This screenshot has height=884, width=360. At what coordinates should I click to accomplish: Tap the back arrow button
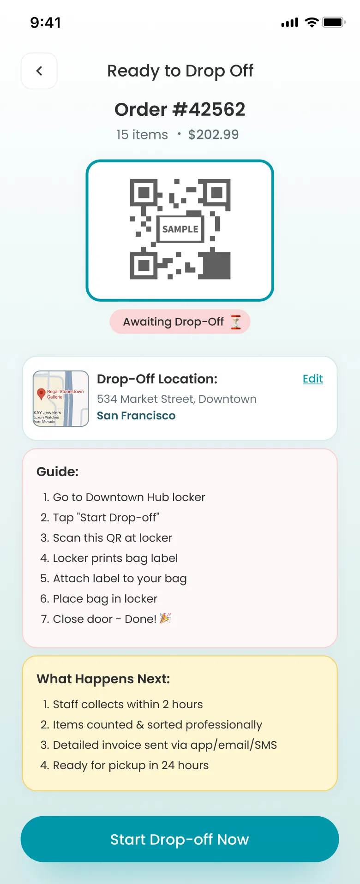[x=39, y=71]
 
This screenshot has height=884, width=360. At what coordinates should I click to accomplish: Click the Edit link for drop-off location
[x=312, y=379]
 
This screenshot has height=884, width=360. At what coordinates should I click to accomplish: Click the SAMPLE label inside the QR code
[x=180, y=229]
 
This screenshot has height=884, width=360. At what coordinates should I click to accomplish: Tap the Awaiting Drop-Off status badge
[x=180, y=322]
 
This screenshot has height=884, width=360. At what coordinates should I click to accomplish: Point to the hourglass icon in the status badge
[x=236, y=322]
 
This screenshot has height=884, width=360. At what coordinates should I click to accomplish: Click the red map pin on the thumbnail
[x=41, y=394]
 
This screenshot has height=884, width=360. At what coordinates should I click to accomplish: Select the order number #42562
[x=180, y=109]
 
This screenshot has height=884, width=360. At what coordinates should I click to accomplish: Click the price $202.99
[x=213, y=134]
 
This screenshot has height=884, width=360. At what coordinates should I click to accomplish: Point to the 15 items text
[x=142, y=134]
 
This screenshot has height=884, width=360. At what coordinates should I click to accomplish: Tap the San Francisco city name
[x=136, y=416]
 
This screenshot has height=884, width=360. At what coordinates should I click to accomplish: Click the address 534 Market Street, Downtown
[x=177, y=399]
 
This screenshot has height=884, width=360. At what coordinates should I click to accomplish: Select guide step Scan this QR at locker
[x=112, y=538]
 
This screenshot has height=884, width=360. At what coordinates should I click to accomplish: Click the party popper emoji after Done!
[x=165, y=618]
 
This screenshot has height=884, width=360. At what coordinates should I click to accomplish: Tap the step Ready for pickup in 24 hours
[x=131, y=765]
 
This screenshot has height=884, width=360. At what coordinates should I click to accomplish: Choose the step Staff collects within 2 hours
[x=127, y=705]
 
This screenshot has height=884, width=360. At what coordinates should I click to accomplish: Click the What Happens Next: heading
[x=103, y=679]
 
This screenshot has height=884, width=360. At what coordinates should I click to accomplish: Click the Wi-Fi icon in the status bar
[x=312, y=22]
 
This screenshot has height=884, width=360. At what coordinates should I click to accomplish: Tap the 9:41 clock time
[x=45, y=22]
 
